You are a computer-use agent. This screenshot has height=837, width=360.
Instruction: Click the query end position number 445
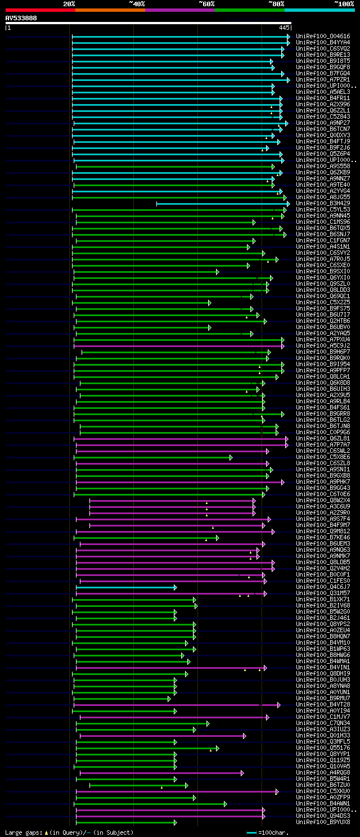click(284, 28)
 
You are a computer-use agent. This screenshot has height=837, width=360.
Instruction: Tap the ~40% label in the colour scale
click(137, 4)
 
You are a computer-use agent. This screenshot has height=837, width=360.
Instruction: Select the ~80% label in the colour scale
click(276, 4)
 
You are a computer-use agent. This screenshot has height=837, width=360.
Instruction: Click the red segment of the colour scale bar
click(40, 10)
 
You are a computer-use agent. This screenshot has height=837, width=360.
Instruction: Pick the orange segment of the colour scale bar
click(110, 10)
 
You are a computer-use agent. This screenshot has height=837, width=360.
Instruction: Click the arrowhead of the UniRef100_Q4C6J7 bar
click(175, 587)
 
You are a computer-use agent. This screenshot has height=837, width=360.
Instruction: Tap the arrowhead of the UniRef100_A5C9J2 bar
click(283, 346)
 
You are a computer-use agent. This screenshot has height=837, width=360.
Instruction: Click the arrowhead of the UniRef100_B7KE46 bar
click(217, 538)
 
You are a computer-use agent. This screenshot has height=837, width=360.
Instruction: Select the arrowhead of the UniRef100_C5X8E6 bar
click(231, 457)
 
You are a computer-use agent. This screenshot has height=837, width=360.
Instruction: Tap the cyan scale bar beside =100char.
click(251, 832)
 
